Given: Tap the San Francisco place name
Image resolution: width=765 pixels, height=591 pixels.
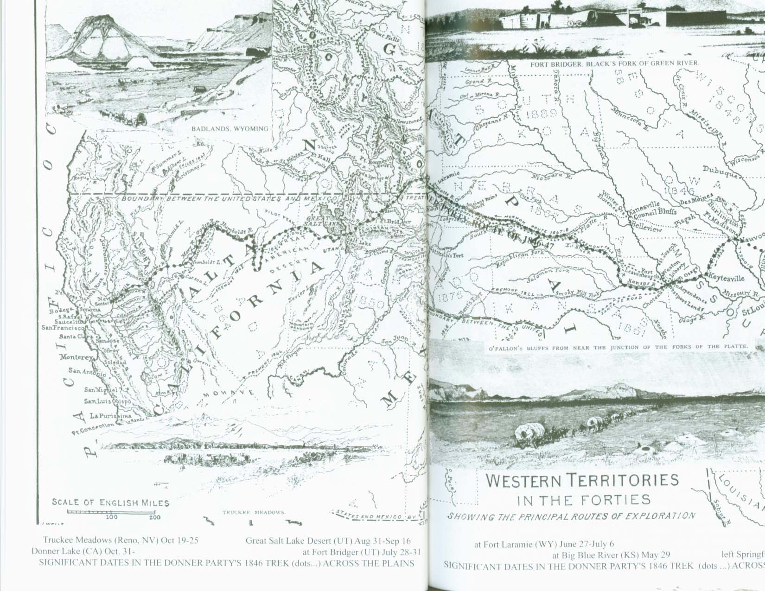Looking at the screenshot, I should click(x=61, y=328).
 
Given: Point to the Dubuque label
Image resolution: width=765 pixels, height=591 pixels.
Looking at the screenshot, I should click(x=718, y=170).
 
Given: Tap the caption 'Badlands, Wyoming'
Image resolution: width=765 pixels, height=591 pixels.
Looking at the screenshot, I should click(x=230, y=128).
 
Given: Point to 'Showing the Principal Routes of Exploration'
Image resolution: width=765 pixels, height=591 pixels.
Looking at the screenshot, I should click(x=571, y=516).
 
